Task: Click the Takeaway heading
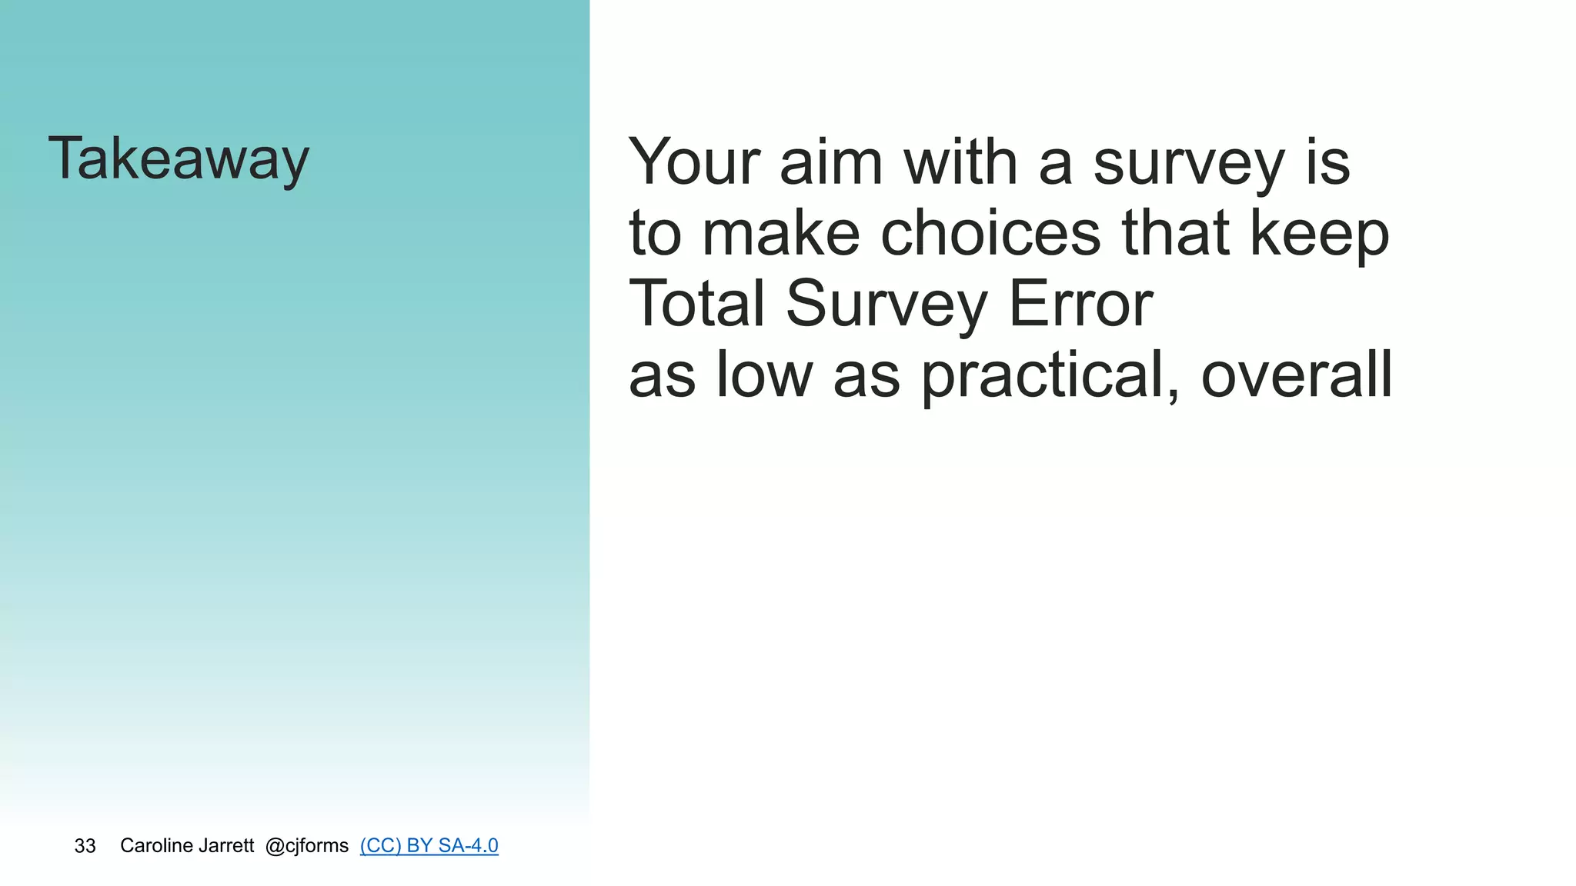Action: (x=179, y=159)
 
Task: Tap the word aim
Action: (x=830, y=162)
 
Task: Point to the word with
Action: (x=960, y=162)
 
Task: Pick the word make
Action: (x=781, y=234)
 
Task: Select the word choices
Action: (x=990, y=234)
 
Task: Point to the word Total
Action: (x=697, y=304)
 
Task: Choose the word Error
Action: (x=1080, y=304)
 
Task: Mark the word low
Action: (x=764, y=375)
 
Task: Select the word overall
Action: (x=1297, y=375)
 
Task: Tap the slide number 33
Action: (x=85, y=846)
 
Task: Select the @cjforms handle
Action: (x=306, y=846)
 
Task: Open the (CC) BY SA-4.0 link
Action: (x=429, y=846)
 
